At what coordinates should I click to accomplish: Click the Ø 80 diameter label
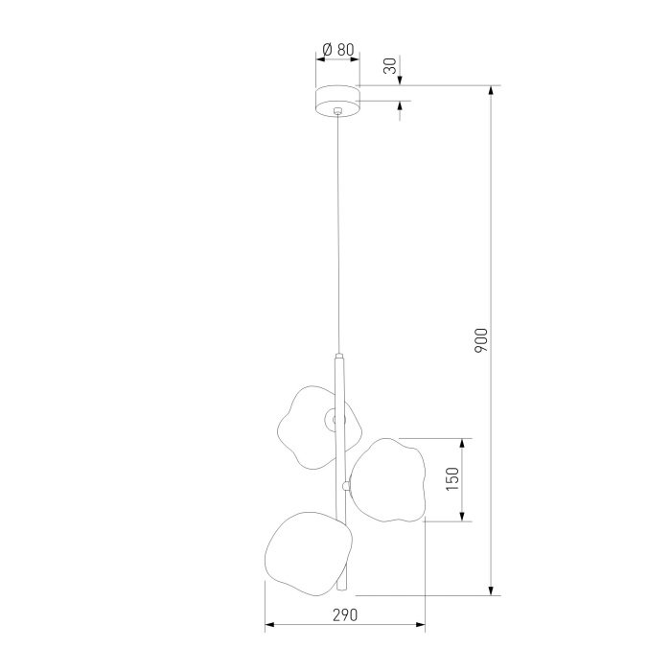338,50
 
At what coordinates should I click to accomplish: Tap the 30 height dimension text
390,66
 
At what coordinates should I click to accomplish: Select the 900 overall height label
481,340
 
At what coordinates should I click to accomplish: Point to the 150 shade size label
452,479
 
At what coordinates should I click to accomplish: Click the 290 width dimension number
345,615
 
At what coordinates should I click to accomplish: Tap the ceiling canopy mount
337,101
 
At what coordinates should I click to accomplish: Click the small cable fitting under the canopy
338,111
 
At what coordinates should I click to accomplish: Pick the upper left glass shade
319,428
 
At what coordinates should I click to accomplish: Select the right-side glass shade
388,480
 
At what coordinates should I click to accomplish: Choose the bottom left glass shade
309,554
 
